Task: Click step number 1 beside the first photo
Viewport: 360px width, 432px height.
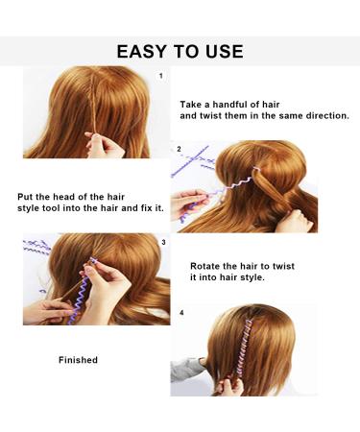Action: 161,75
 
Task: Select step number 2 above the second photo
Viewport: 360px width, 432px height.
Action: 179,149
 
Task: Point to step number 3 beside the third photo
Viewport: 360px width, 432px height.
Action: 164,243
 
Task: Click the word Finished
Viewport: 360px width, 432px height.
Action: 78,360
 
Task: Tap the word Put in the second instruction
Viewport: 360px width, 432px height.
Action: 25,197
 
